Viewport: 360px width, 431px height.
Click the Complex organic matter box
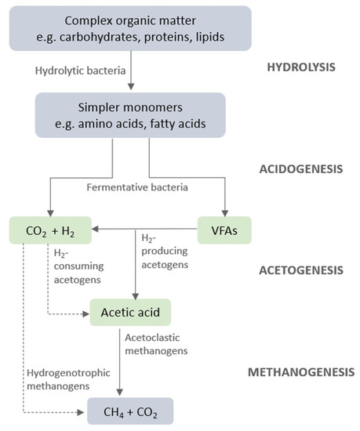click(x=129, y=28)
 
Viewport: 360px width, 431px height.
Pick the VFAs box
click(x=224, y=230)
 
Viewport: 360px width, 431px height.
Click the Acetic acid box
click(x=129, y=313)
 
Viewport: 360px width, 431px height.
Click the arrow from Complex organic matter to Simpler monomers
click(x=129, y=74)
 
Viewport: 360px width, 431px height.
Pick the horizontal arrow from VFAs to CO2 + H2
click(x=145, y=230)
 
